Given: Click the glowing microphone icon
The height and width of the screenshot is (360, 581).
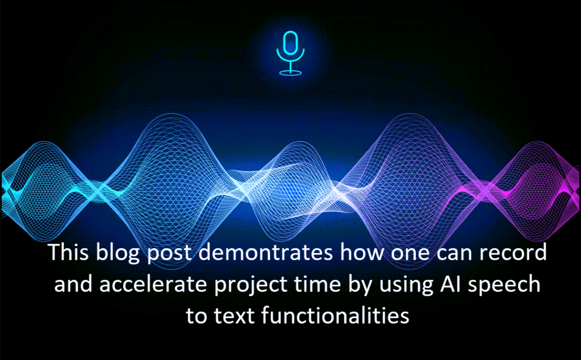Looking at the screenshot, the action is tap(290, 53).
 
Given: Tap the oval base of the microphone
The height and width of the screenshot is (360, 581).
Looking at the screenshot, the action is tap(290, 73).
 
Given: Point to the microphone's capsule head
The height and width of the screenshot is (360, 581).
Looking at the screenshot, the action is tap(290, 43).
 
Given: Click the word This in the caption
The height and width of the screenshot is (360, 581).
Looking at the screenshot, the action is tap(69, 252).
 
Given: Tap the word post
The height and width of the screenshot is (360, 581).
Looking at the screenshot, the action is tap(169, 255).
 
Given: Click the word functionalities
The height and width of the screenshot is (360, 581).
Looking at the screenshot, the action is tap(335, 316).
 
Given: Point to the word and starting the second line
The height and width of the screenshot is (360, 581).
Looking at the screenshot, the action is tap(73, 285).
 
